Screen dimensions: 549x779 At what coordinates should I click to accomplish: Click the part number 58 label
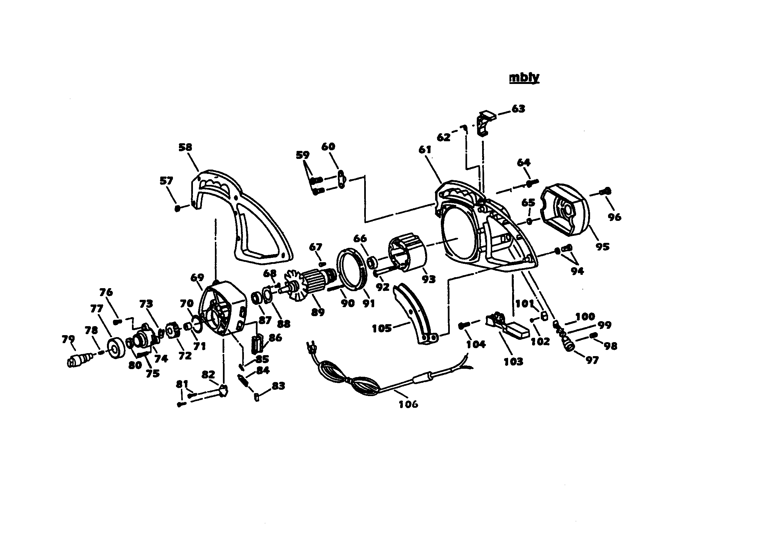tap(185, 147)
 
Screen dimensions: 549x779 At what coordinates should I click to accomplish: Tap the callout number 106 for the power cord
tap(408, 404)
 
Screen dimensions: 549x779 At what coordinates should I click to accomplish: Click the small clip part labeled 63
tap(485, 122)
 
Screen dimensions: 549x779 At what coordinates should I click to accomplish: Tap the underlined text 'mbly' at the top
tap(524, 78)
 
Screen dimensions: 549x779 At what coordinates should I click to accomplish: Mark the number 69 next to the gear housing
tap(197, 277)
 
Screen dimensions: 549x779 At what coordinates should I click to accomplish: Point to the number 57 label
tap(166, 181)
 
